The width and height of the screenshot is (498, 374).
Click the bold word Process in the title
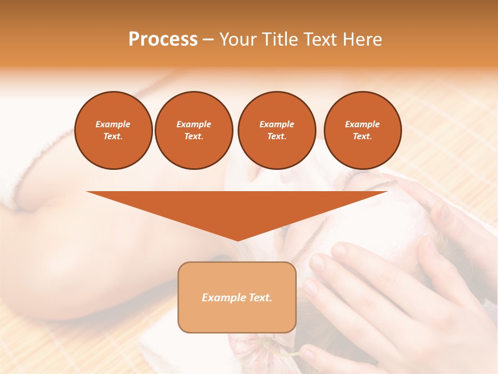point(163,39)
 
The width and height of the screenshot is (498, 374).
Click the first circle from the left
point(113,130)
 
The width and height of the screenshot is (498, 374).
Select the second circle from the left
point(194,130)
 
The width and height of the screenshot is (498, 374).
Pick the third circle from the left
point(276,130)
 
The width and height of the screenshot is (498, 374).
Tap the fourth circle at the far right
point(362,130)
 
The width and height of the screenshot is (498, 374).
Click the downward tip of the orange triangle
point(238,239)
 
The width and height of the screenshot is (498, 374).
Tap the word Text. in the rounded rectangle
point(259,298)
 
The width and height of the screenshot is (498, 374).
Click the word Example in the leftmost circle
point(113,124)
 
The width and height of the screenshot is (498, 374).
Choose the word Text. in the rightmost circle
point(362,136)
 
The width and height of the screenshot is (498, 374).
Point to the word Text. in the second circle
point(194,136)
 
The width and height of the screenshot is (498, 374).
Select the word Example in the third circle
point(276,124)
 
